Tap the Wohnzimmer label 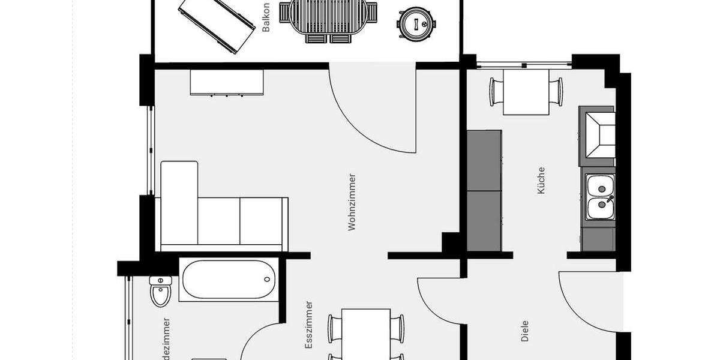click(x=352, y=202)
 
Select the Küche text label click(x=541, y=180)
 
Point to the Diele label click(x=526, y=331)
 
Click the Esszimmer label click(x=309, y=325)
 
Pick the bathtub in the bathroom click(x=229, y=279)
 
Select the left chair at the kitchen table click(x=496, y=92)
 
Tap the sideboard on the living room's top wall click(x=227, y=82)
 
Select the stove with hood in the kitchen click(x=598, y=136)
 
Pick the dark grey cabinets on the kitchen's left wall click(x=484, y=191)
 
